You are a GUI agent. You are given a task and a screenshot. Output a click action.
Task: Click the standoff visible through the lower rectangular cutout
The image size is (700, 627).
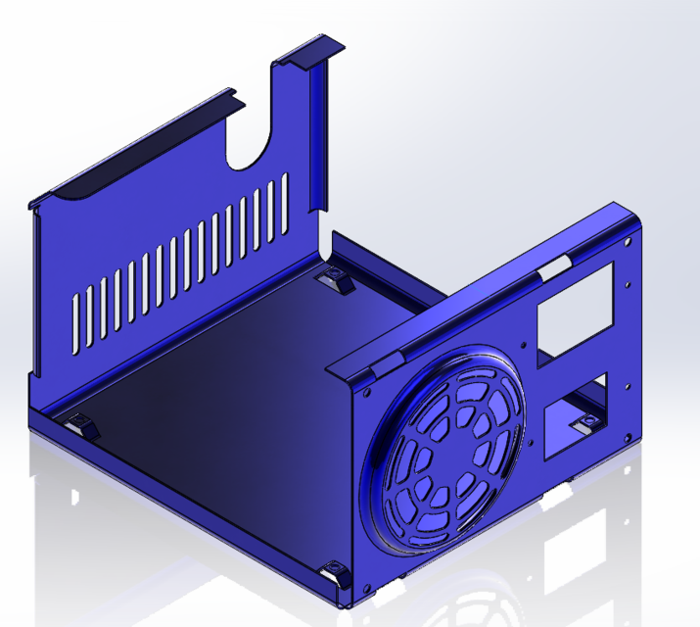point(587,423)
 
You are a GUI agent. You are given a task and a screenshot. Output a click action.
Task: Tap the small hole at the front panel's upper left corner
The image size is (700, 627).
point(365,388)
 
